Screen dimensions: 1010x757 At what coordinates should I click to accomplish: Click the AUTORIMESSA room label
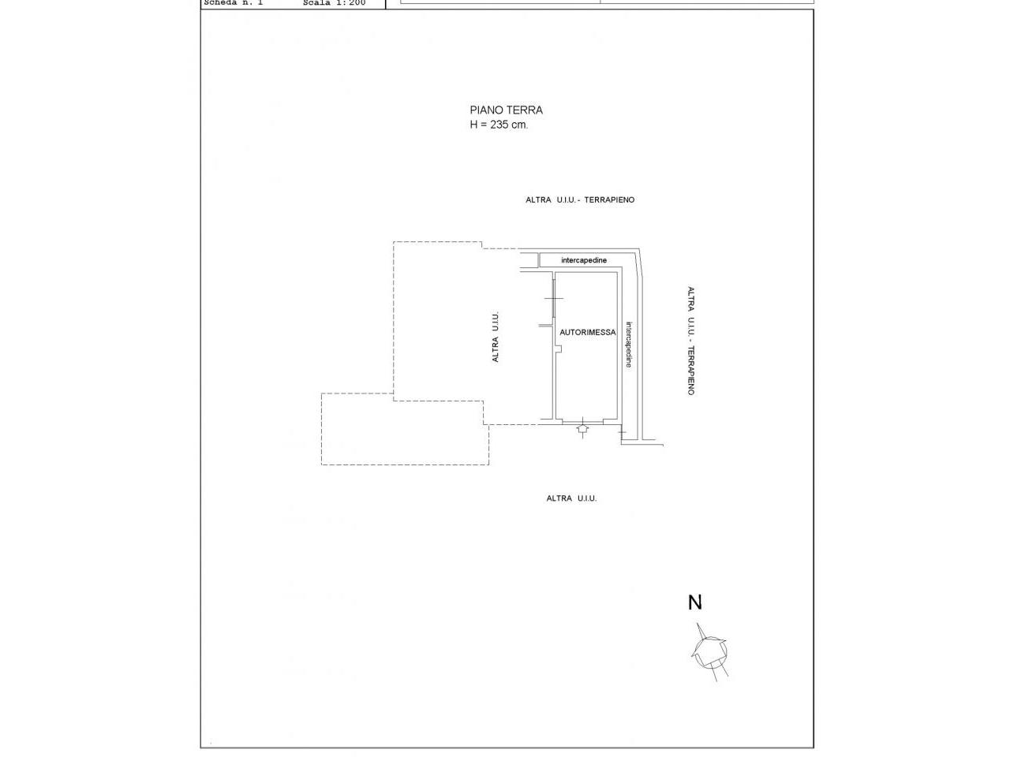click(x=587, y=332)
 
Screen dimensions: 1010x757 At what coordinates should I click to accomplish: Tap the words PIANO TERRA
click(x=506, y=110)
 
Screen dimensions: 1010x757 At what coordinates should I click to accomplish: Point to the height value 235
click(x=499, y=124)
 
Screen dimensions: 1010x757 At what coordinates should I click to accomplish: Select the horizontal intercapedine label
click(x=583, y=260)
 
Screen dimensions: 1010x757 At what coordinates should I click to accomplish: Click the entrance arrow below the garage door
click(x=582, y=429)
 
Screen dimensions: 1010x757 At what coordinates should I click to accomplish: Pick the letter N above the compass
click(x=695, y=602)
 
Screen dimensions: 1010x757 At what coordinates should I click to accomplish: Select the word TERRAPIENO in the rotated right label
click(x=690, y=371)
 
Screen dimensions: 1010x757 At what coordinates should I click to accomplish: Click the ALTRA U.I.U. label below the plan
click(x=571, y=498)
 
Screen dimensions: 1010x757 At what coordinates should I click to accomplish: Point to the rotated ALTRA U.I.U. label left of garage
click(x=495, y=337)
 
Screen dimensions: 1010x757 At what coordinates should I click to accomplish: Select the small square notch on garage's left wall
click(x=559, y=349)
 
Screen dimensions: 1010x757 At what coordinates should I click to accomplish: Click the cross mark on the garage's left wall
click(x=554, y=298)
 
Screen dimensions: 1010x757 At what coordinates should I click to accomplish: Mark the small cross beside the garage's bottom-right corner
click(x=622, y=432)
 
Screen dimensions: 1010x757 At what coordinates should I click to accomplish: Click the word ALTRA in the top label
click(x=538, y=200)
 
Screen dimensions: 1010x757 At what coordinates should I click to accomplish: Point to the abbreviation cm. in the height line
click(x=519, y=125)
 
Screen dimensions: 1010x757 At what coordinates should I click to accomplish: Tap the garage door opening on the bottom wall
click(x=582, y=420)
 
